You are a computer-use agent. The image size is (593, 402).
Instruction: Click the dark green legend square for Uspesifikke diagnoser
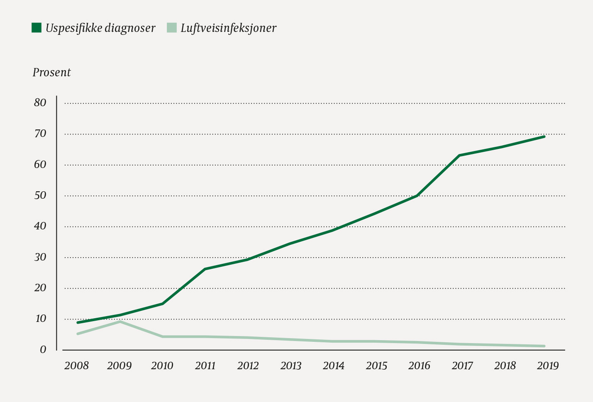37,28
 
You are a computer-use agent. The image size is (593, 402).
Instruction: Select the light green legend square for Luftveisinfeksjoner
172,28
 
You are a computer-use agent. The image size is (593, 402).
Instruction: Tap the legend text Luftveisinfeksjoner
228,28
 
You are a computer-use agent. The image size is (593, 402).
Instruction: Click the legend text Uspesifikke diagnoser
100,28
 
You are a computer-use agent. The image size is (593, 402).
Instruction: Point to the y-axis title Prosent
51,73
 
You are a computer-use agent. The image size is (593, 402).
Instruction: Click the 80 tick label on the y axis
40,102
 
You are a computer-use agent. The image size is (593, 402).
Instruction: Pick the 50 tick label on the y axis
40,195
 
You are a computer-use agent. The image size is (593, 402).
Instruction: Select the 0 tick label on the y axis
43,350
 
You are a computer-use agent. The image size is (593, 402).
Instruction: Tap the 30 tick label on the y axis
40,257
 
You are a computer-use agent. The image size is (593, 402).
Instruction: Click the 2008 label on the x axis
77,365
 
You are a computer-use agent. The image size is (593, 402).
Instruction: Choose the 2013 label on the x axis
291,365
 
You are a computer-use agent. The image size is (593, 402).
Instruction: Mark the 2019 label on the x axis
548,365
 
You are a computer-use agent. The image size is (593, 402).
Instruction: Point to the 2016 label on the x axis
419,365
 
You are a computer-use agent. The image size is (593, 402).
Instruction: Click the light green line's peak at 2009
120,322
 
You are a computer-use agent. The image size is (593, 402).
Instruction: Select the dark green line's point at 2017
459,155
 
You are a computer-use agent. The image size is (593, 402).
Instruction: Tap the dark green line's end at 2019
544,136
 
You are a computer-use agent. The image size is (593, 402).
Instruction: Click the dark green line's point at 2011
205,269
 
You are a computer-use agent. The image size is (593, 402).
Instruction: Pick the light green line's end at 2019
544,346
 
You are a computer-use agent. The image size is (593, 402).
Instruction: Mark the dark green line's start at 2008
78,322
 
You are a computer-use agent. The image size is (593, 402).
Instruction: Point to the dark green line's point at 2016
417,195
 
